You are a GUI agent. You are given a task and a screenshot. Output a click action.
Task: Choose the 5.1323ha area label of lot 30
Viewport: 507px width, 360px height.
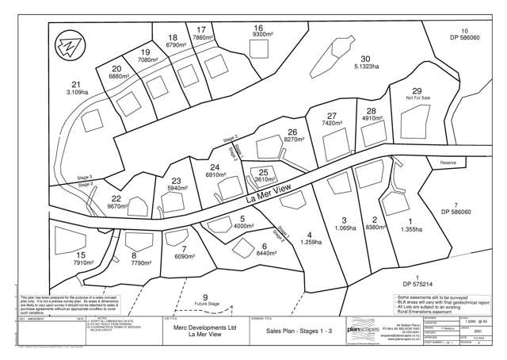365,67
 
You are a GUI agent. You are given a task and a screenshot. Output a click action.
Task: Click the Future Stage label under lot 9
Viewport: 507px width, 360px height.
205,304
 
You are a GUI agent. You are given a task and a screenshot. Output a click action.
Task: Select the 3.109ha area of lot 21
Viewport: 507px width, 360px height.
76,93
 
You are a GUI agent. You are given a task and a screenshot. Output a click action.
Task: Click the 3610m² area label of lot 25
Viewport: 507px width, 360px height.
265,180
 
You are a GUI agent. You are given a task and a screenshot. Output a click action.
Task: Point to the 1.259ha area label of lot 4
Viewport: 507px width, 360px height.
309,242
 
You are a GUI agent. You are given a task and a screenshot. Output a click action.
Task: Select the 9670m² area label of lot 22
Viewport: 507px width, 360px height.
117,205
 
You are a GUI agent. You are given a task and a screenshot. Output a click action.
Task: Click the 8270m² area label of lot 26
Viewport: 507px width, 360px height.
292,140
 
